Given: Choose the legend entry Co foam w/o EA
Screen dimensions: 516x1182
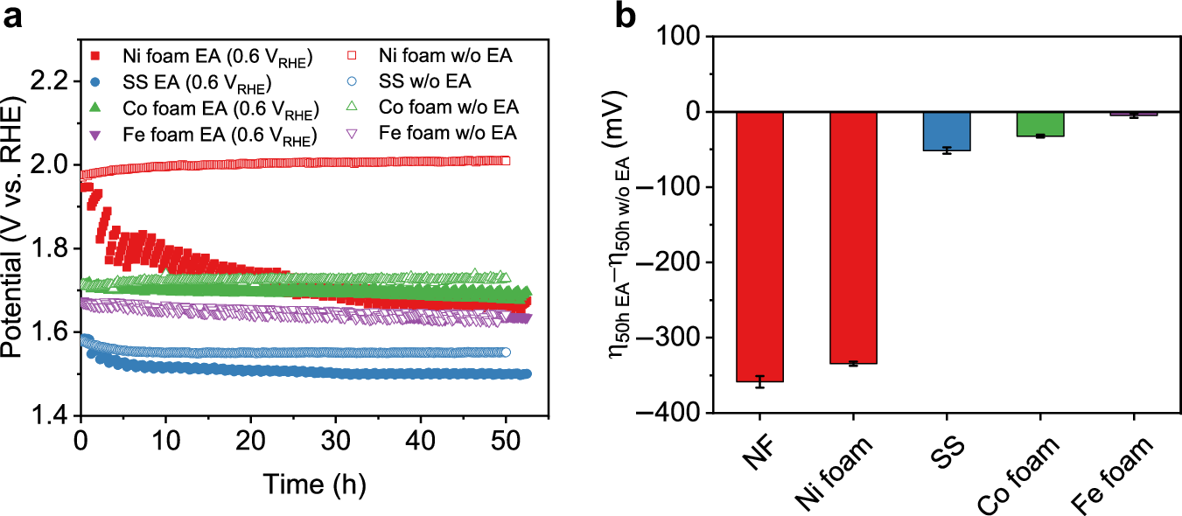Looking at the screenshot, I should click(449, 108).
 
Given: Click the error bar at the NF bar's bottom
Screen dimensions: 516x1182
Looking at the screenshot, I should click(759, 381).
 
